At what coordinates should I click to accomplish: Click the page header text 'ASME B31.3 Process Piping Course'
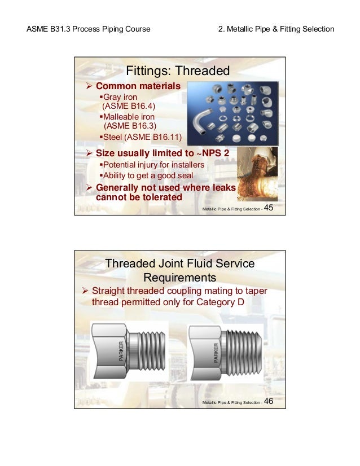tap(89, 29)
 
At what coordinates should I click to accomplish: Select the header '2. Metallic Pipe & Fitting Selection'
tap(276, 29)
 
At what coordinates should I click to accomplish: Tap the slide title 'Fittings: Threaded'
tap(178, 72)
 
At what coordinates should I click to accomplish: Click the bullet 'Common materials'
tap(138, 86)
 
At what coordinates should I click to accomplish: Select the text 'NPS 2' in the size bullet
tap(217, 153)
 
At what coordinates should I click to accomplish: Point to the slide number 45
tap(269, 208)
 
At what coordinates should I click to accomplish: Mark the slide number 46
tap(269, 401)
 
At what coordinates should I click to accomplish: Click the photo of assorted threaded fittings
tap(232, 114)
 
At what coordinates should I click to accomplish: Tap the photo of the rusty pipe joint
tap(257, 174)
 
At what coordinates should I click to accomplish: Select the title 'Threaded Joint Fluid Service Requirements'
tap(180, 271)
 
